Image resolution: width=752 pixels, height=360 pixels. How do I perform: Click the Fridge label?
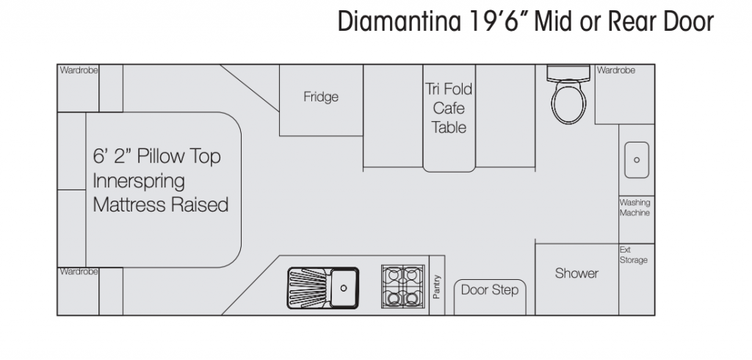tap(321, 97)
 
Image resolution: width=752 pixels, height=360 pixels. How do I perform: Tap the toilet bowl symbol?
tap(569, 102)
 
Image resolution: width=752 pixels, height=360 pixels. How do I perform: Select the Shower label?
tap(576, 273)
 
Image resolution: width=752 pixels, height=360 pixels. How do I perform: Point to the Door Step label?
tap(490, 290)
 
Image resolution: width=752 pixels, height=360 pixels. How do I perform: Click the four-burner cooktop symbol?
tap(403, 286)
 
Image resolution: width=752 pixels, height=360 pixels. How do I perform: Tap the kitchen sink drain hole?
tap(344, 288)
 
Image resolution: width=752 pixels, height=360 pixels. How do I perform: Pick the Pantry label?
tap(436, 287)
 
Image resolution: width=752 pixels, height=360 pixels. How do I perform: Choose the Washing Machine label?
tap(634, 207)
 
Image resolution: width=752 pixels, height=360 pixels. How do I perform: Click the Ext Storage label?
tap(633, 255)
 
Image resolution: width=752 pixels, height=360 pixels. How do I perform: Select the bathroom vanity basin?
tap(637, 160)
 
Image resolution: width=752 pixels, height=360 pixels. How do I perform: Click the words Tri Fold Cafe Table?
tap(449, 108)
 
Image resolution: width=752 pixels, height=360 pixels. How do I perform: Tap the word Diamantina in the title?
tap(399, 21)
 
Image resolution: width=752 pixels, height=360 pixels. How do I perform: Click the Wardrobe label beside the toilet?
tap(616, 70)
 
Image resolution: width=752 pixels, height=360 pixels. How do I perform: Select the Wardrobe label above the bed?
tap(79, 70)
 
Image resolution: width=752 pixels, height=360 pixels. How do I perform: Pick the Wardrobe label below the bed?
tap(79, 272)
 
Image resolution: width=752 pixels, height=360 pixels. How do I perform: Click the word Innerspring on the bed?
tap(139, 181)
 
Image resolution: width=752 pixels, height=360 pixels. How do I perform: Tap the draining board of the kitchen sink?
tap(308, 288)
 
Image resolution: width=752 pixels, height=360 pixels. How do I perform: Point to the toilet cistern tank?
tap(568, 73)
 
